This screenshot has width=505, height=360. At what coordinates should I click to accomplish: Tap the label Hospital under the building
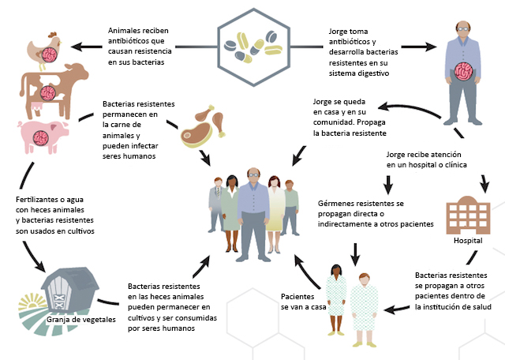(468, 241)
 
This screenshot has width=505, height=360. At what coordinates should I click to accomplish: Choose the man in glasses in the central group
(252, 205)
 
